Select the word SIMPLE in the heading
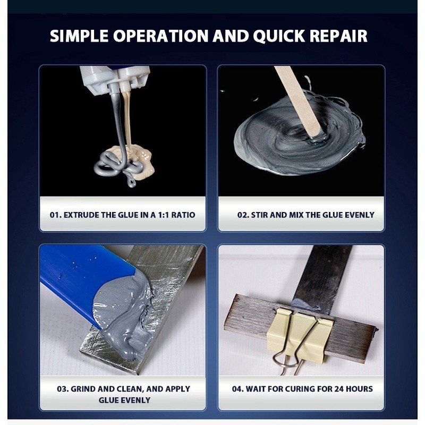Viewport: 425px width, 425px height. coord(79,36)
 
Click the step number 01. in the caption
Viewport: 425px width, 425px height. coord(56,215)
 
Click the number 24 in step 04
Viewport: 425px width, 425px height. coord(339,389)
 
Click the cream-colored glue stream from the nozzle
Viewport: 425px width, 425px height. coord(127,119)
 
